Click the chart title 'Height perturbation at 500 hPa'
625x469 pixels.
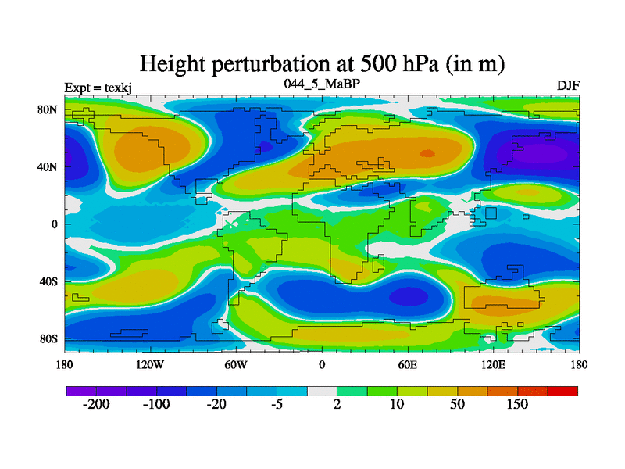322,64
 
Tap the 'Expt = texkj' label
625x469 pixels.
98,87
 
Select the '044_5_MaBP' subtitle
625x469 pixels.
322,83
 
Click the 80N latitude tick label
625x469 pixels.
48,110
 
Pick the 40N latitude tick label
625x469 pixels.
48,167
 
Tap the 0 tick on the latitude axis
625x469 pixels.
55,224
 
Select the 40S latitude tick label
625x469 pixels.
49,281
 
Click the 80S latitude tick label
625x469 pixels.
49,338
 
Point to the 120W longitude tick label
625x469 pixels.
150,364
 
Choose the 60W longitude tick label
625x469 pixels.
236,364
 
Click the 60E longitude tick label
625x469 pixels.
408,364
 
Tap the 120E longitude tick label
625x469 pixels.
493,364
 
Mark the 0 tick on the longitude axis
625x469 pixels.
322,364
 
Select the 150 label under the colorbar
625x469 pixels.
517,405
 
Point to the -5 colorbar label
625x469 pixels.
277,405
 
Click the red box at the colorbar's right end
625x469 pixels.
562,391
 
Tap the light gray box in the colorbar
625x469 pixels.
322,391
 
